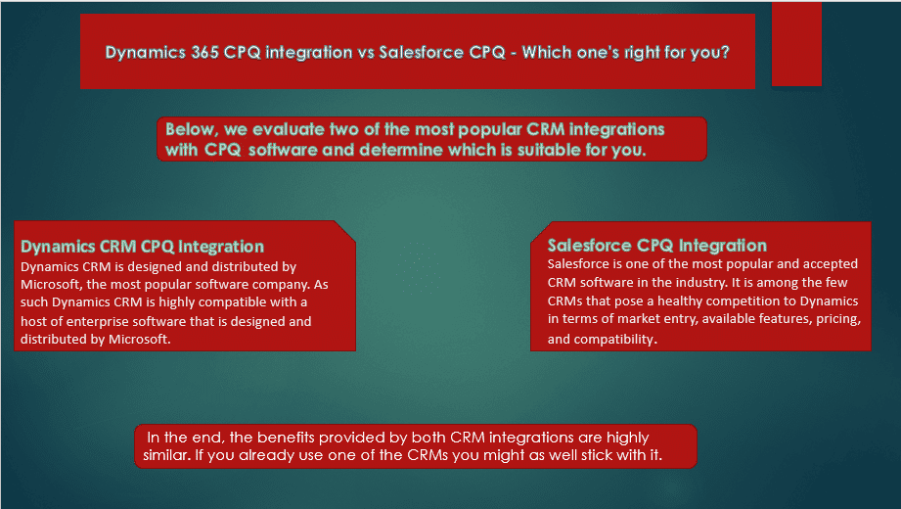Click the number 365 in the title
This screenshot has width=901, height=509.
click(x=204, y=52)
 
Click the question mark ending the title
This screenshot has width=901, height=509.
click(x=725, y=52)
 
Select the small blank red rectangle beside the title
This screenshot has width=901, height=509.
click(x=796, y=44)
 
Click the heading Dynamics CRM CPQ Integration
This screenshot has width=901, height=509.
click(x=143, y=246)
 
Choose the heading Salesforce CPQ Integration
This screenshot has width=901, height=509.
click(x=657, y=246)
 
